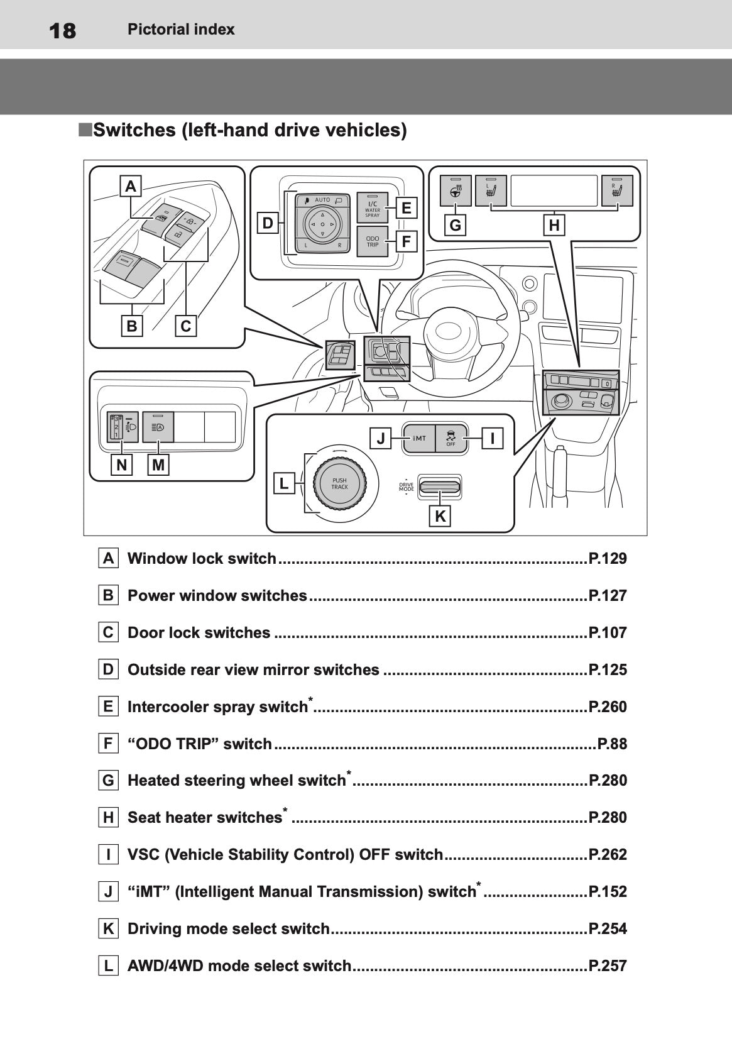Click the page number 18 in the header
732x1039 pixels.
[62, 30]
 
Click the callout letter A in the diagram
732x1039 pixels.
[131, 186]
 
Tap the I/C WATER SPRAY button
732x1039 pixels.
[373, 208]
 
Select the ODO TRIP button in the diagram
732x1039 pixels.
[373, 242]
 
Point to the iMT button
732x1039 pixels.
[419, 439]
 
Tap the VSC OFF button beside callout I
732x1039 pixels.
[451, 439]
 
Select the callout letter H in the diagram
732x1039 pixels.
[554, 225]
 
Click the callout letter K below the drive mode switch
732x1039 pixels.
[440, 517]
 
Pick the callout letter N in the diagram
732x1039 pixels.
[121, 465]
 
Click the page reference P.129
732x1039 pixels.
[608, 559]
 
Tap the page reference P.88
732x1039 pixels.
[612, 744]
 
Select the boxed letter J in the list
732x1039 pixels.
[109, 892]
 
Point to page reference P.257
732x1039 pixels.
[608, 966]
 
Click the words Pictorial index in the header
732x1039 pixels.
[181, 30]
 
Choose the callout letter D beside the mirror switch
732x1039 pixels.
[268, 223]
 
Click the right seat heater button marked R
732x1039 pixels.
[616, 190]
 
